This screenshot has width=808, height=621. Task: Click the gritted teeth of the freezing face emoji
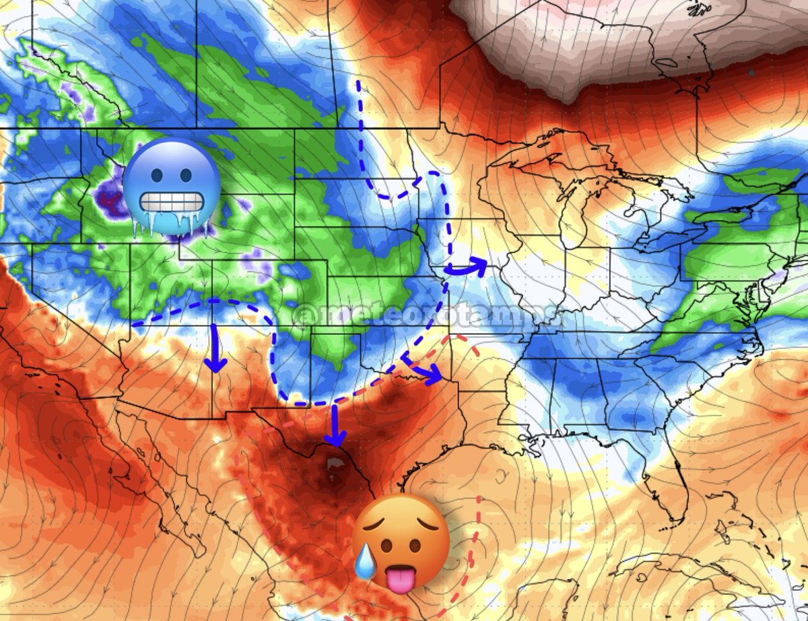coord(171,202)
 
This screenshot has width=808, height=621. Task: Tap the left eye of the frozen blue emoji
coord(154,174)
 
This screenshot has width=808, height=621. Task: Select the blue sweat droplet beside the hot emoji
coord(366,561)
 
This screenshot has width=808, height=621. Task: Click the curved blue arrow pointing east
coord(466,266)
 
